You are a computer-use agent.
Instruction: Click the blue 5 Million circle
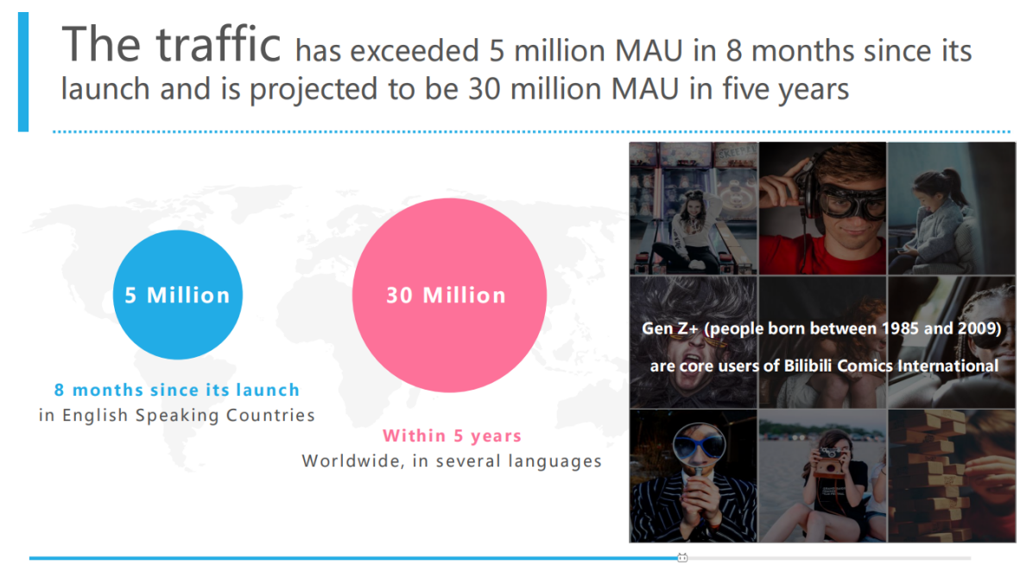click(178, 295)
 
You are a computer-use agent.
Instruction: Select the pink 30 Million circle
click(449, 296)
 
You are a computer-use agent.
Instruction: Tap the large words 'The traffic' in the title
click(171, 45)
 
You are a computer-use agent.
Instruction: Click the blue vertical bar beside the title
click(23, 72)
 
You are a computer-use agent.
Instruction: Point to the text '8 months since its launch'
click(176, 391)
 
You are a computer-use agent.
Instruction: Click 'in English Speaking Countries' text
click(176, 415)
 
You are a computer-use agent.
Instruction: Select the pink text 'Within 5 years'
click(452, 435)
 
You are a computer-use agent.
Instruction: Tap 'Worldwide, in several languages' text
click(452, 461)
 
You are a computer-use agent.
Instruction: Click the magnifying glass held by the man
click(699, 461)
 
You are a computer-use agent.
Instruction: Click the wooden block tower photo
click(951, 476)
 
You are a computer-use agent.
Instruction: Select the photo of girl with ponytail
click(951, 208)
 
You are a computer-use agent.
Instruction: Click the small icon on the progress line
click(682, 557)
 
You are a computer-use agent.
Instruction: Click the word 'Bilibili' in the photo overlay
click(808, 365)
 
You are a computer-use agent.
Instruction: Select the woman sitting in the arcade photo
click(692, 231)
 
